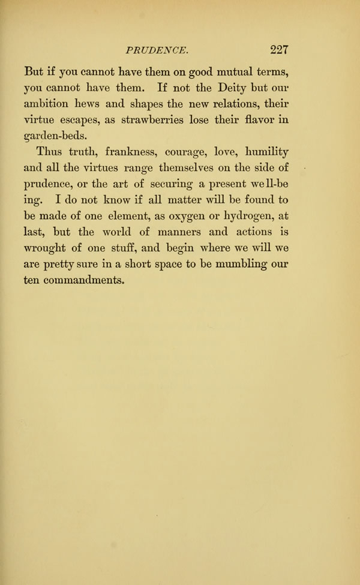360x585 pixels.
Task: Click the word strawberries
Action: tap(170, 119)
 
